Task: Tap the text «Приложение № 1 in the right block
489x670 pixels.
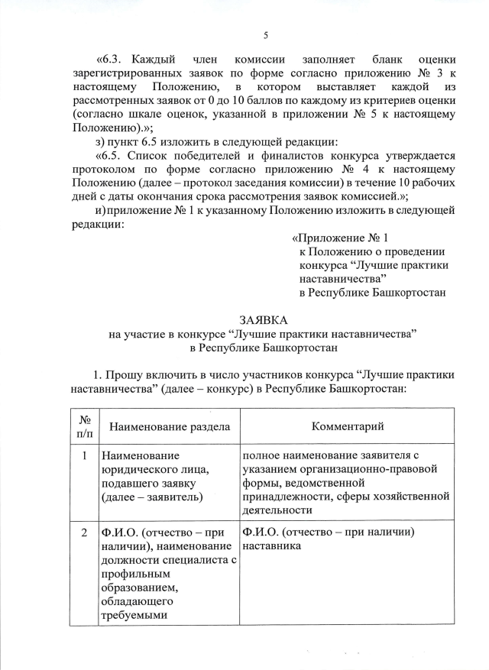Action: (x=346, y=238)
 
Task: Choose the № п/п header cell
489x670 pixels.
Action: (x=84, y=426)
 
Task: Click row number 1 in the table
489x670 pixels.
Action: (x=84, y=455)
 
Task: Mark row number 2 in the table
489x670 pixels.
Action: (x=84, y=532)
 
